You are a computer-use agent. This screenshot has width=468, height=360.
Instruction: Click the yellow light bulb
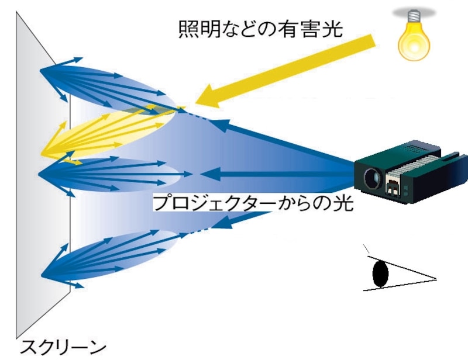[x=414, y=36]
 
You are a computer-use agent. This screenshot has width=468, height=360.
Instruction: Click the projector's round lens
[x=371, y=176]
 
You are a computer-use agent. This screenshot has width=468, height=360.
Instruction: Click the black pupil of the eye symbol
[x=381, y=274]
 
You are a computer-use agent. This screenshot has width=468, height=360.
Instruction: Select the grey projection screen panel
[x=35, y=175]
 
